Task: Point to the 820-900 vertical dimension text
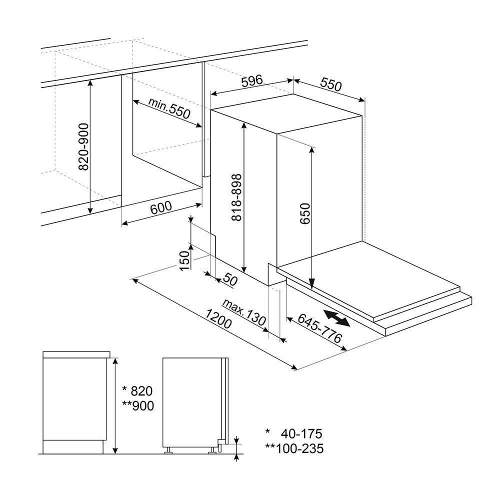click(83, 146)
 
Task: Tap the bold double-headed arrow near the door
click(336, 318)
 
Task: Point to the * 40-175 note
click(294, 433)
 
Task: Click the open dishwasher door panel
click(370, 280)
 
